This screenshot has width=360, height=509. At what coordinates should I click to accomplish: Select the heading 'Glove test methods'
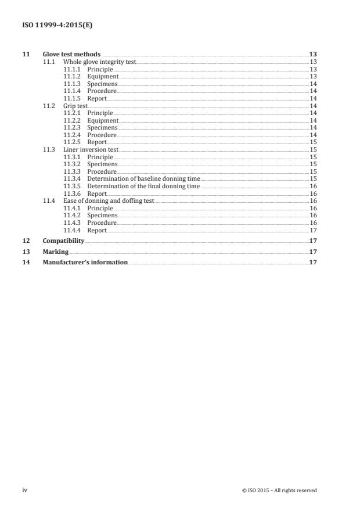tap(71, 54)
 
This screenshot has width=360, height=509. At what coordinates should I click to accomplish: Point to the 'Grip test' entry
tap(75, 106)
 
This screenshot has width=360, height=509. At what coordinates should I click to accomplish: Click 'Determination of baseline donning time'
tap(143, 179)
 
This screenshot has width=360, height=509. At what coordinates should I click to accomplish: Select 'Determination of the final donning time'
tap(143, 187)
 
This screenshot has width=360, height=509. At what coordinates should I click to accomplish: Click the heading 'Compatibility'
tap(63, 241)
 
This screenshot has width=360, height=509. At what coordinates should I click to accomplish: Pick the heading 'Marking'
tap(56, 252)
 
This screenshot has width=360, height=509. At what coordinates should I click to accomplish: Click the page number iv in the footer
tap(25, 490)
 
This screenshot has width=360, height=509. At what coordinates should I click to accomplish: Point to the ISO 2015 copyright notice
tap(279, 490)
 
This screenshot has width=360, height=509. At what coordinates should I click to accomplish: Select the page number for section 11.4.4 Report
tap(312, 231)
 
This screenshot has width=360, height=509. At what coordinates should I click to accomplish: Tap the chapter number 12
tap(25, 241)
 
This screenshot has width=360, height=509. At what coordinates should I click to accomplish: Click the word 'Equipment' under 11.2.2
tap(103, 120)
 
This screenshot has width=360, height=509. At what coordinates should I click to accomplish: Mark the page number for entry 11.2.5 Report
tap(312, 142)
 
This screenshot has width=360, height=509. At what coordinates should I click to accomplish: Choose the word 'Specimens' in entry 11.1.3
tap(102, 84)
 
